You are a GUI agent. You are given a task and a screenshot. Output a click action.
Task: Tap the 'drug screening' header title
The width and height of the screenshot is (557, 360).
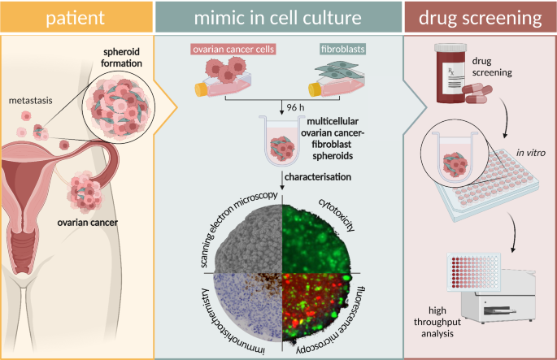481,17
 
